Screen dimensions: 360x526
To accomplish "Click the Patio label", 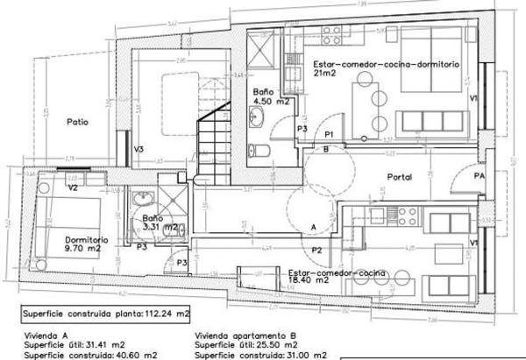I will [78, 123].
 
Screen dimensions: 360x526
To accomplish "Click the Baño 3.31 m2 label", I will [160, 223].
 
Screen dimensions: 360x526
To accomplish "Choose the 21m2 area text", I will [324, 74].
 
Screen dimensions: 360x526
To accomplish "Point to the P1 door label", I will [329, 134].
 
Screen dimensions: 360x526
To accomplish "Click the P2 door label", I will [318, 251].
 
